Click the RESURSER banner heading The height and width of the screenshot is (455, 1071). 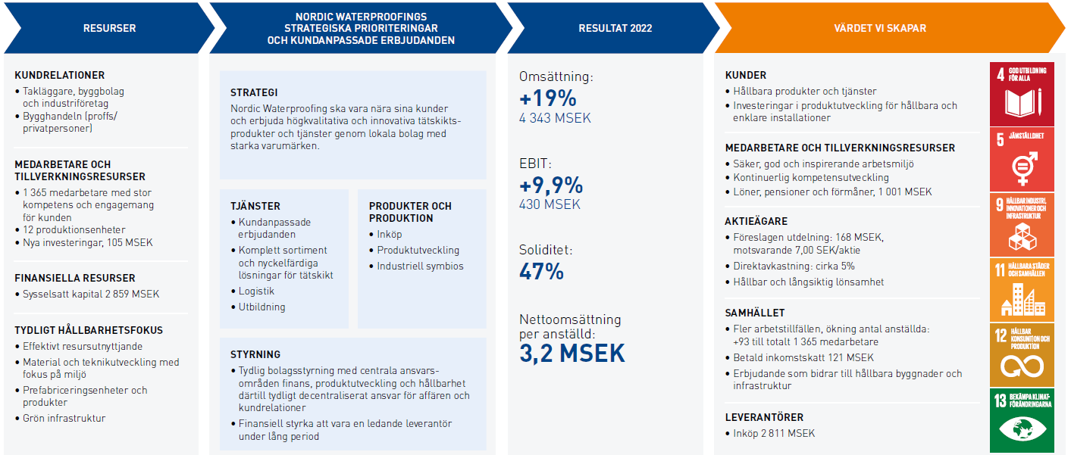coord(110,29)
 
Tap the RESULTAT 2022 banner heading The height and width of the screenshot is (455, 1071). coord(615,29)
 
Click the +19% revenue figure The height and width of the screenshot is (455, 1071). coord(548,98)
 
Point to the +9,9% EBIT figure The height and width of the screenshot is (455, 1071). coord(551,185)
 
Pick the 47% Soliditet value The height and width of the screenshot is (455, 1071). coord(541,271)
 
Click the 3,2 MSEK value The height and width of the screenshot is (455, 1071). coord(572,353)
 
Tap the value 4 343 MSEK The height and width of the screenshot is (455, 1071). coord(555,119)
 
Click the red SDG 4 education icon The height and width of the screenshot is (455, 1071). coord(1021,93)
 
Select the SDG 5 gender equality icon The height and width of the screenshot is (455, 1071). coord(1021,159)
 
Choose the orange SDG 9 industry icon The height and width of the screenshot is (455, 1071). coord(1021,224)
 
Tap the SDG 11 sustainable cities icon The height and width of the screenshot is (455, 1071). coord(1021,288)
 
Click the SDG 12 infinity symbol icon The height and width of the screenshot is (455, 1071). coord(1021,354)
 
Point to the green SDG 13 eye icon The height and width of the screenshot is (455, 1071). coord(1021,421)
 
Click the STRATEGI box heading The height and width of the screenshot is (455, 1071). coord(254,92)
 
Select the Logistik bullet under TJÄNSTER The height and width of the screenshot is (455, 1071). coord(256,291)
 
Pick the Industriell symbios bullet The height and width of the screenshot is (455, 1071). coord(420,266)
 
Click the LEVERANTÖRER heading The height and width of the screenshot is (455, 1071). coord(764,417)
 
